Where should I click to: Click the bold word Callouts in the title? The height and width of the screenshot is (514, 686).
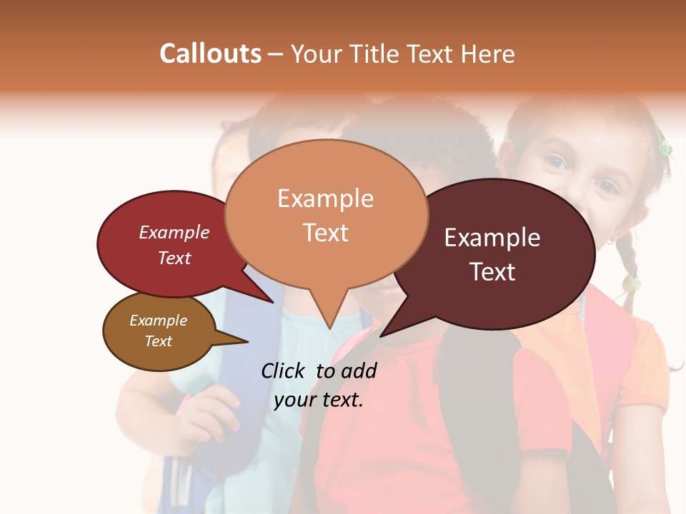(x=210, y=54)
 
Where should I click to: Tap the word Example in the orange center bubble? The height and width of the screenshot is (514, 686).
(x=325, y=198)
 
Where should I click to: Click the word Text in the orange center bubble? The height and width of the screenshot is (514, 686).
(x=325, y=232)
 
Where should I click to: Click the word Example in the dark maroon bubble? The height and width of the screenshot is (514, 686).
(x=492, y=238)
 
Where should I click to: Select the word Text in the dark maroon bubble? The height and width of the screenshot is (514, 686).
(x=492, y=272)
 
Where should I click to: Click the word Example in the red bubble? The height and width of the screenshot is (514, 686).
(x=174, y=232)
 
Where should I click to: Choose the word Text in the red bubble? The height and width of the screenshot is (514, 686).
(x=174, y=258)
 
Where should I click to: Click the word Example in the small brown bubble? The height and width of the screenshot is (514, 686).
(x=158, y=321)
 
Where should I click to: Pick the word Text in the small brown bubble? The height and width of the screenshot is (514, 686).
(x=158, y=341)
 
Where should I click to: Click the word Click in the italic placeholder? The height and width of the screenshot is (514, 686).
(x=284, y=371)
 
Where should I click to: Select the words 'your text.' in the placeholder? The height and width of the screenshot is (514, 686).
(x=319, y=400)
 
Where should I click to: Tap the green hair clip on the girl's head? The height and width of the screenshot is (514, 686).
(x=665, y=148)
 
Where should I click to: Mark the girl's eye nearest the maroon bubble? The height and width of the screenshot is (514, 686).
(x=556, y=163)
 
